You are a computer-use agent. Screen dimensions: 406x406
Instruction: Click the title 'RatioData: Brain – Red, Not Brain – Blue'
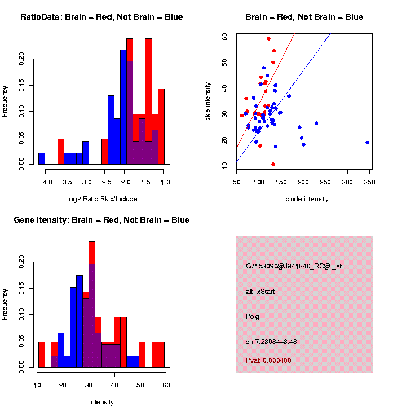(101, 17)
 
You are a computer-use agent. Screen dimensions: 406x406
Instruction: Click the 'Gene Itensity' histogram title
(101, 220)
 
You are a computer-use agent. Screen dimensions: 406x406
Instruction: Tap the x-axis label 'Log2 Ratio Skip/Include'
(101, 199)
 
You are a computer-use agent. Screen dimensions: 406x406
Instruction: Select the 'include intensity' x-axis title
(304, 199)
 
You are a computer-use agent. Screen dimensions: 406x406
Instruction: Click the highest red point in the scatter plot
(269, 39)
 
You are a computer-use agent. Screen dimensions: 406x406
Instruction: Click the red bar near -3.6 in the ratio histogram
(61, 151)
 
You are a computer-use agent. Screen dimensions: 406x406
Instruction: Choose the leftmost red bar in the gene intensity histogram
(42, 354)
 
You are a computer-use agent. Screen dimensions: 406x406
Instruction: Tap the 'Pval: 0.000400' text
(268, 360)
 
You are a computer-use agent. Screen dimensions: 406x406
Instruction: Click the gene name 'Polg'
(253, 316)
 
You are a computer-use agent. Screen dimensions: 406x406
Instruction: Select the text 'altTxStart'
(261, 292)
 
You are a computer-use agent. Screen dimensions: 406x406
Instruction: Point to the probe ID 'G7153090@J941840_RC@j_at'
(294, 266)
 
